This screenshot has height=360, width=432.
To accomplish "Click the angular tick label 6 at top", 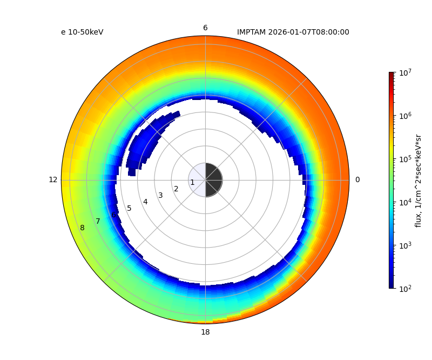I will (205, 28).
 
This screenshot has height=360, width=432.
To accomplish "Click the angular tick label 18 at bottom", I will (205, 332).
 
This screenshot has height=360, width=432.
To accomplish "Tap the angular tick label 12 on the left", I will (53, 180).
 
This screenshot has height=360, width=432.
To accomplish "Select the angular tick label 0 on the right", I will (357, 180).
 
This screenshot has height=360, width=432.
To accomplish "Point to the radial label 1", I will (192, 183).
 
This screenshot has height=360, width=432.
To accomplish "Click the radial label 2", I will (176, 189).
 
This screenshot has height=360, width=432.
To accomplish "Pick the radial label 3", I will (160, 196).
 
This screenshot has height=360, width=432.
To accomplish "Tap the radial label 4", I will (145, 202).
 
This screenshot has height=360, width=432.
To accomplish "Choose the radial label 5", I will (129, 209).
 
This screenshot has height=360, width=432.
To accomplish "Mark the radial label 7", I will (98, 222).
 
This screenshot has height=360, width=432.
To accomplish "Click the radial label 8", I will (82, 228).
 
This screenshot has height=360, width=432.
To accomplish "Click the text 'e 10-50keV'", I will (82, 32).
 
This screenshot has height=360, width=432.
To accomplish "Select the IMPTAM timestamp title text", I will (293, 32).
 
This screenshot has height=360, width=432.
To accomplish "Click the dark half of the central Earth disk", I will (214, 180).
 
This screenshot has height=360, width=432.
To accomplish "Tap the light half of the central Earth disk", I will (197, 180).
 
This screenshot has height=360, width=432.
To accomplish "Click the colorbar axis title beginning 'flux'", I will (418, 180).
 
